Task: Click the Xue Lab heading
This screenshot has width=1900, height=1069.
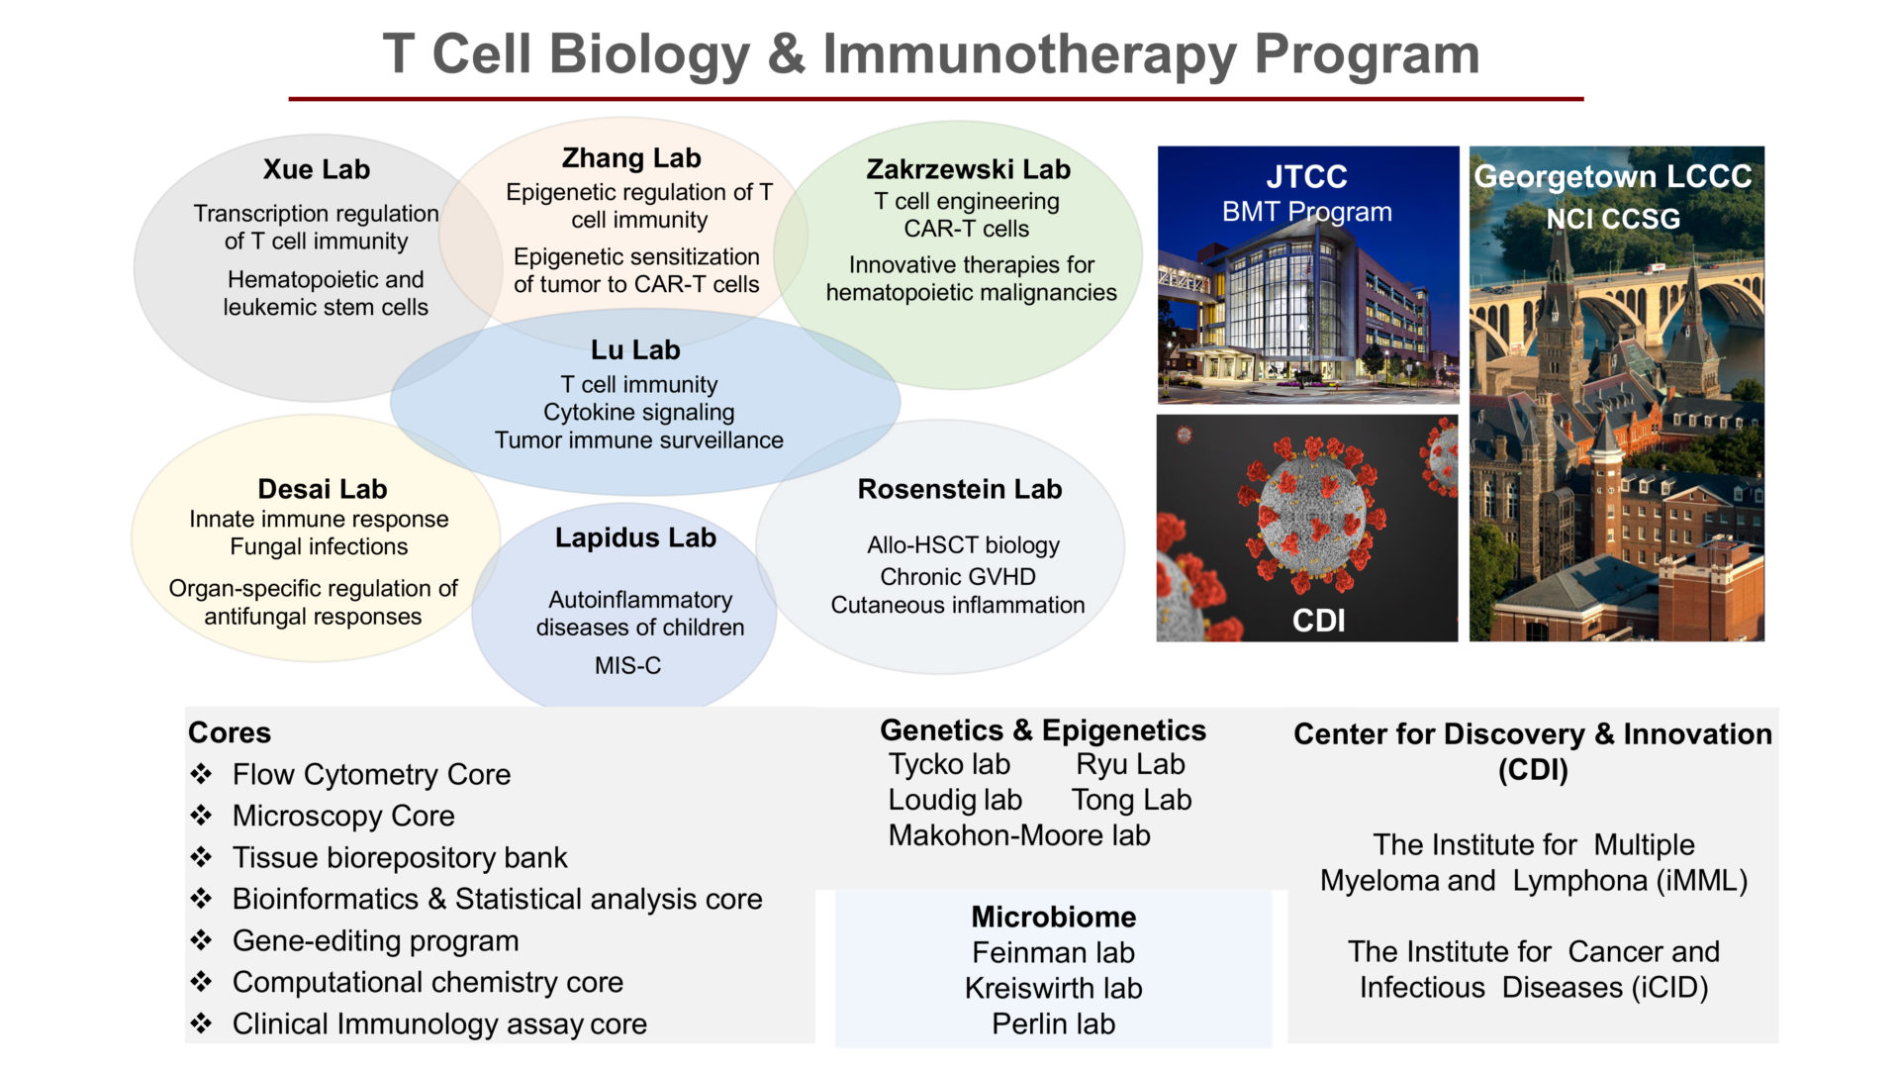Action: (317, 169)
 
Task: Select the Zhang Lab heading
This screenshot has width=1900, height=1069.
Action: (631, 158)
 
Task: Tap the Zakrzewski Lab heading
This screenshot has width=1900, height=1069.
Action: (968, 169)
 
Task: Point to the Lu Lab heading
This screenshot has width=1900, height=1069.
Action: (635, 350)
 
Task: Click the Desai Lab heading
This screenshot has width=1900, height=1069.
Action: (323, 489)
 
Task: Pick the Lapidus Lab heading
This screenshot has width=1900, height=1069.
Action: (635, 537)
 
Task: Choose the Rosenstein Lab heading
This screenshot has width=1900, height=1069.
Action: (959, 489)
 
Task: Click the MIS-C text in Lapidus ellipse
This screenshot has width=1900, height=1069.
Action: (627, 666)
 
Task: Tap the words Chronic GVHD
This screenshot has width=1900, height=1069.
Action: (958, 577)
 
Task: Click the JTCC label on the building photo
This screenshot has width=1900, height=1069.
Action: (1306, 177)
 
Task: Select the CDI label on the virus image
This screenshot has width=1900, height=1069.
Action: (1318, 621)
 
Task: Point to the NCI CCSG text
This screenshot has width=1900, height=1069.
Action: (1613, 219)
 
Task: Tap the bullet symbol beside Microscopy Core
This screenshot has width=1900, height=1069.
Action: (202, 816)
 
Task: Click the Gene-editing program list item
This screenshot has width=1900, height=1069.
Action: (375, 940)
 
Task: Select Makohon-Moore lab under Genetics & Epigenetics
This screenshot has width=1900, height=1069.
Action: (1019, 835)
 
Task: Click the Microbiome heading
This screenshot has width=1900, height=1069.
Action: (1053, 917)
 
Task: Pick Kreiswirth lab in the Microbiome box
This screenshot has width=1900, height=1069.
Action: (1053, 988)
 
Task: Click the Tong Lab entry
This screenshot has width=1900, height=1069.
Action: (1131, 800)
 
